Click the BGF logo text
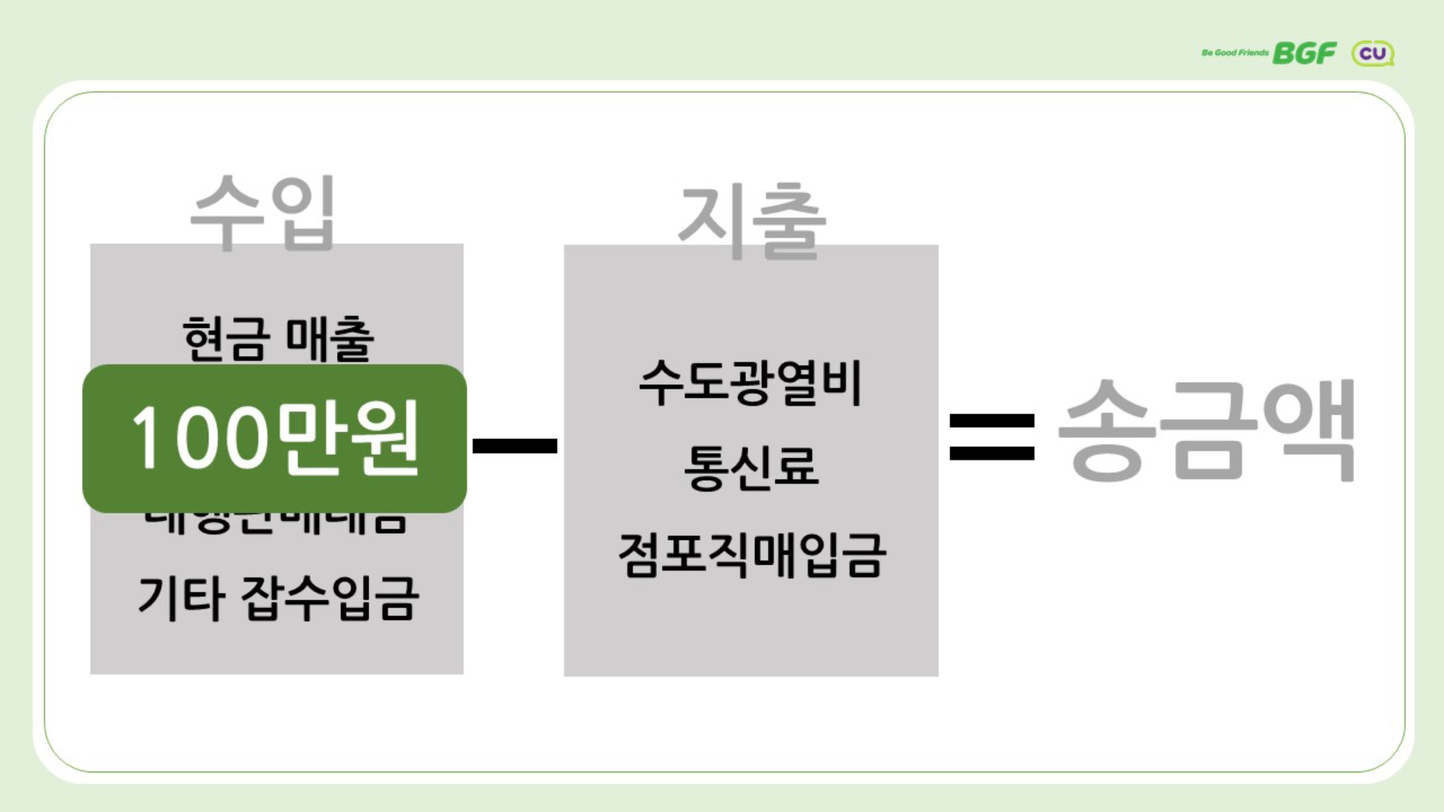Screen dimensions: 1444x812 (x=1304, y=53)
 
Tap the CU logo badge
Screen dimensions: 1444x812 (x=1373, y=53)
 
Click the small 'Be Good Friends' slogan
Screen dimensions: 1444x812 (x=1234, y=53)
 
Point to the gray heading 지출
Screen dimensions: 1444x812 (x=751, y=221)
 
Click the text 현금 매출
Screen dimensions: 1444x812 (x=278, y=339)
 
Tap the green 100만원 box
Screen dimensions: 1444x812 (x=275, y=438)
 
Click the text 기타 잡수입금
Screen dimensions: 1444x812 (x=278, y=598)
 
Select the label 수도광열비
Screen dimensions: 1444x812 (x=750, y=382)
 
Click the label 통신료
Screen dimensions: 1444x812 (x=751, y=467)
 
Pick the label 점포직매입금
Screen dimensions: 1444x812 (x=751, y=555)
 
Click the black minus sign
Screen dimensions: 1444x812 (x=514, y=446)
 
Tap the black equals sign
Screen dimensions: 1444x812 (x=992, y=437)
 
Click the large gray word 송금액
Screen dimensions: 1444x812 (x=1206, y=431)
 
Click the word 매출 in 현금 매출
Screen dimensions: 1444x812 (x=329, y=339)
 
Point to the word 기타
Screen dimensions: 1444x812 (x=181, y=598)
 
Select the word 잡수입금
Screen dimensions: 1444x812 (x=329, y=598)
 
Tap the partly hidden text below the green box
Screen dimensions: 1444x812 (x=275, y=523)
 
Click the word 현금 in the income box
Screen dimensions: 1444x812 (x=226, y=339)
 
